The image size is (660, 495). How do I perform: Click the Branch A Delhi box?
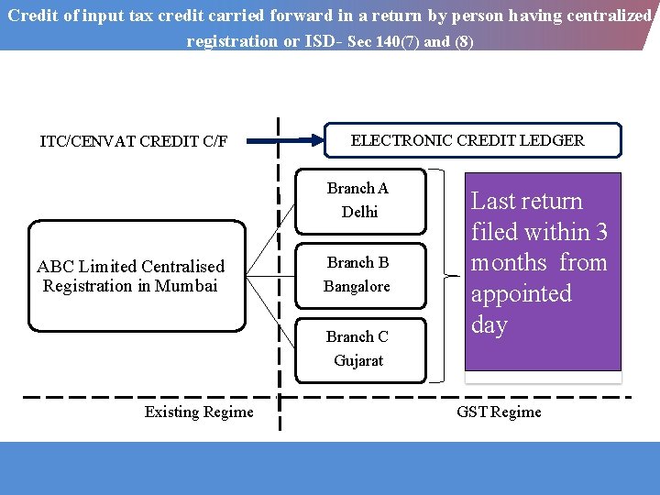pyautogui.click(x=357, y=200)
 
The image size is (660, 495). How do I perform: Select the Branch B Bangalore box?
pyautogui.click(x=357, y=274)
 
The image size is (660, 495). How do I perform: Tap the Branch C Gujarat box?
pyautogui.click(x=357, y=348)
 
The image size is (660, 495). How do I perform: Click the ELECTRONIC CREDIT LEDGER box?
pyautogui.click(x=474, y=140)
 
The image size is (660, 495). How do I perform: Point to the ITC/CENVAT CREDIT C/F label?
pyautogui.click(x=134, y=141)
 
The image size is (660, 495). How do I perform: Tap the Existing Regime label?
pyautogui.click(x=199, y=412)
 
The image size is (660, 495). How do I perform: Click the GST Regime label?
pyautogui.click(x=499, y=412)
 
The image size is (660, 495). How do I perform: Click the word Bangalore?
pyautogui.click(x=357, y=286)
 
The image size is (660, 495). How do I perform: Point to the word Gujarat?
pyautogui.click(x=358, y=360)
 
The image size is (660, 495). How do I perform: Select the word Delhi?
pyautogui.click(x=359, y=212)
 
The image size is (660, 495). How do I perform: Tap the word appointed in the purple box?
pyautogui.click(x=521, y=294)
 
